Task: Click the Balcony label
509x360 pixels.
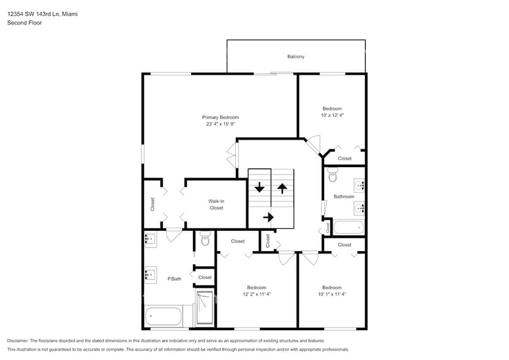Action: [296, 57]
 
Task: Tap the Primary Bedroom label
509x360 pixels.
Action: [221, 117]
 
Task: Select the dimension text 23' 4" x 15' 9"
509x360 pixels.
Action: [221, 124]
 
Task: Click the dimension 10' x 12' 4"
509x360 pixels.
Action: [332, 115]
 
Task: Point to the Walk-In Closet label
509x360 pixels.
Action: [216, 204]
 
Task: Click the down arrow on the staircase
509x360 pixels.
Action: [260, 187]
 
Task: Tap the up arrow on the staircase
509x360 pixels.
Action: [282, 187]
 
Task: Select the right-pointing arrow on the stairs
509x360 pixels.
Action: [268, 217]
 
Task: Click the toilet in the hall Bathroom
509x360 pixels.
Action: [333, 176]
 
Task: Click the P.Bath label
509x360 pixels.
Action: [175, 279]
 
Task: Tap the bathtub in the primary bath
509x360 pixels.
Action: [164, 317]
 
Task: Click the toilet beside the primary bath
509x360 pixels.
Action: [205, 238]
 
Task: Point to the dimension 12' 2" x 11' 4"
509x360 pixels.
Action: [257, 294]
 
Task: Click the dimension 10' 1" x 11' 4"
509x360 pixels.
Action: [332, 294]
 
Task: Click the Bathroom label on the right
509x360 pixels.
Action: [344, 197]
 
